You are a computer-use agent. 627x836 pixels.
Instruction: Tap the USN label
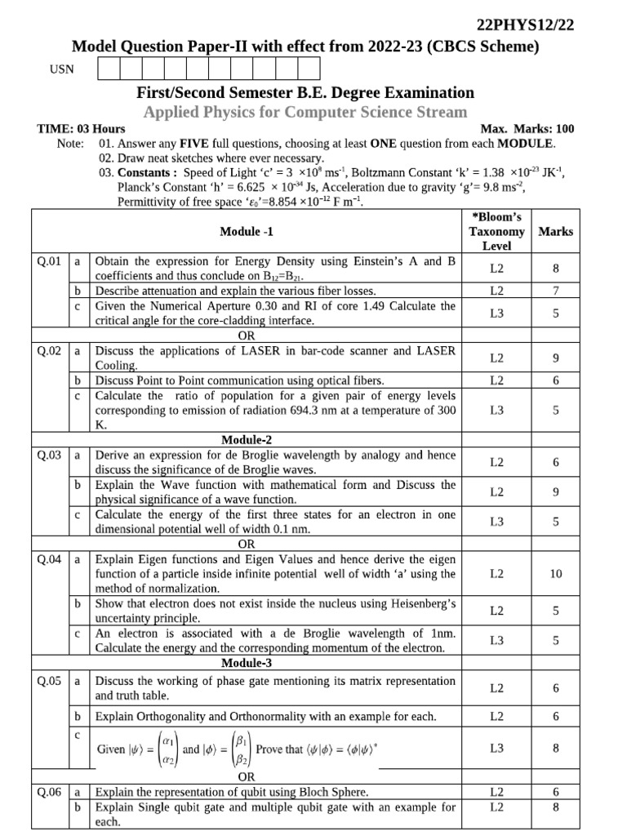pos(62,69)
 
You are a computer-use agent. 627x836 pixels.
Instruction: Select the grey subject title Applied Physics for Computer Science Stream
pos(305,112)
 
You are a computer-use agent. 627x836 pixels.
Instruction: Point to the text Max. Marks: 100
pos(527,129)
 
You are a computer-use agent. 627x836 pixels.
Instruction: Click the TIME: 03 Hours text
pos(82,129)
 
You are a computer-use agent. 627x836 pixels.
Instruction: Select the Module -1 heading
pos(247,231)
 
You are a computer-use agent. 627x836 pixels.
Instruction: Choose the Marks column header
pos(555,231)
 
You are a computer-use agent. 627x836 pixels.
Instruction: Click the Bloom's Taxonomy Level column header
pos(496,231)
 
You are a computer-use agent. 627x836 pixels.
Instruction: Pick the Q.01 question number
pos(50,262)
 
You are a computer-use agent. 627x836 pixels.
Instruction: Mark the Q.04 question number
pos(50,560)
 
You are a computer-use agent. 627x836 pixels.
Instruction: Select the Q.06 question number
pos(50,792)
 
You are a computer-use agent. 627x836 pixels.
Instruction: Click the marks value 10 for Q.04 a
pos(555,574)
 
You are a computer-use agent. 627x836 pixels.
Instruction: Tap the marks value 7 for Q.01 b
pos(555,291)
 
